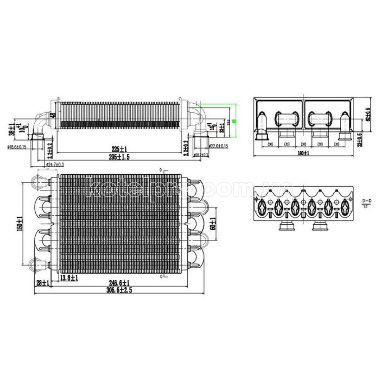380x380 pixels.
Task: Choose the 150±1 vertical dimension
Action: pyautogui.click(x=20, y=224)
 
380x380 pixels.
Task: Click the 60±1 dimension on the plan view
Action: pyautogui.click(x=213, y=224)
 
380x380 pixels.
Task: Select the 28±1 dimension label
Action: pyautogui.click(x=42, y=283)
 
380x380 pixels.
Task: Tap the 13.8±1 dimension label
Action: pyautogui.click(x=69, y=278)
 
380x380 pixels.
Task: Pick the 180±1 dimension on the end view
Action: pyautogui.click(x=303, y=154)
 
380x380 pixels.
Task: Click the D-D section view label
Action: pyautogui.click(x=366, y=204)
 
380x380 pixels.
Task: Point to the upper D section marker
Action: pyautogui.click(x=161, y=170)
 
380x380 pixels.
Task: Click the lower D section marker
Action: pyautogui.click(x=161, y=276)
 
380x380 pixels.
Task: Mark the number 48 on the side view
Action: pyautogui.click(x=53, y=115)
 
